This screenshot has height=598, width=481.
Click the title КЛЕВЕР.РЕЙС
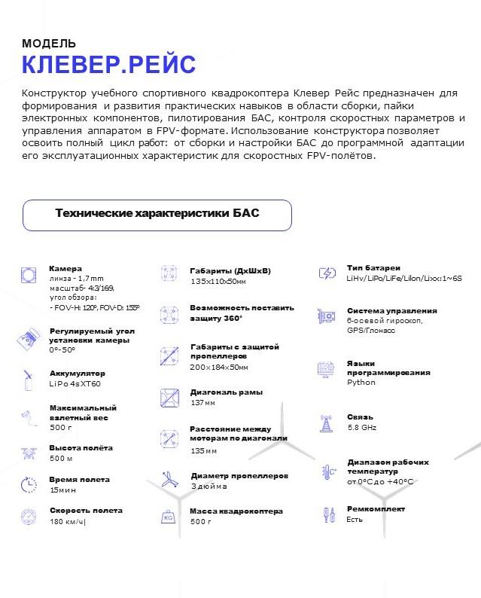coord(108,65)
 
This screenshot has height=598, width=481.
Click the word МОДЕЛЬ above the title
coord(49,44)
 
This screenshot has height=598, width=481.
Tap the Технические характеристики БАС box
coord(157,215)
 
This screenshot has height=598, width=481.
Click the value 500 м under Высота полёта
coord(61,458)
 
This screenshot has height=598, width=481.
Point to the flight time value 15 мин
coord(62,490)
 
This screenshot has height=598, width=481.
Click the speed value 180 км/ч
coord(67,521)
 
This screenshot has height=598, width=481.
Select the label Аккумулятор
coord(77,374)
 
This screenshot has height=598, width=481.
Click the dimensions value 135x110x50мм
coord(218,281)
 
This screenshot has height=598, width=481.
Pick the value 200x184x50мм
coord(218,367)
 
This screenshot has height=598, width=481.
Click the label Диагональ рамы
coord(226,392)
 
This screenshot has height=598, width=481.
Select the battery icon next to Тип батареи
coord(327,273)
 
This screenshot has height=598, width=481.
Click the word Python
coord(361,383)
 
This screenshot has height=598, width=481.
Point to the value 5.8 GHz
coord(362,426)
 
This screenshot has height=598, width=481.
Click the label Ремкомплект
coord(376,509)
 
